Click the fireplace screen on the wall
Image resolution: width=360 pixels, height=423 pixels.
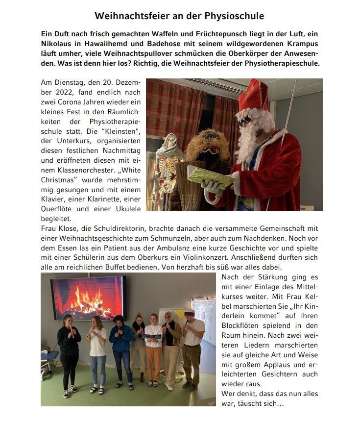coord(88,297)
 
